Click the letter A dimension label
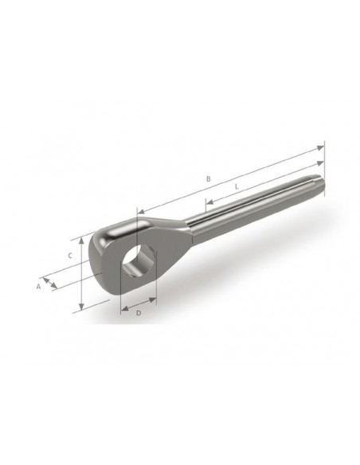click(38, 287)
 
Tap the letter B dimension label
click(209, 179)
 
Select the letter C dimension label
click(70, 256)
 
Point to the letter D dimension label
click(139, 313)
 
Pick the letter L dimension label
click(237, 187)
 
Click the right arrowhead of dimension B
click(320, 147)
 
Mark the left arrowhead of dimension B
click(141, 212)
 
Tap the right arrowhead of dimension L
click(320, 163)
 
